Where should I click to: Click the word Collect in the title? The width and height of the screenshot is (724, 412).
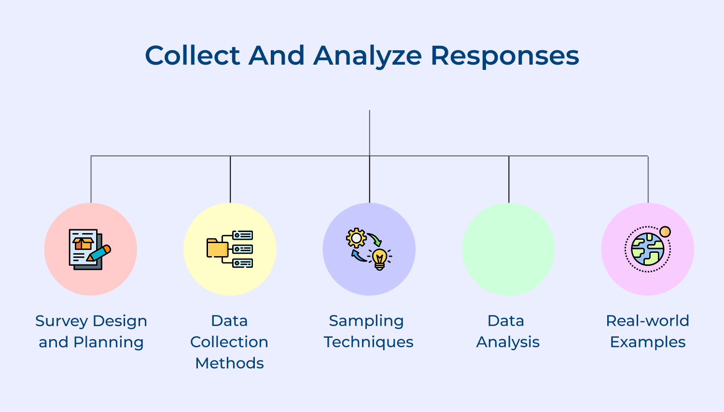coord(192,55)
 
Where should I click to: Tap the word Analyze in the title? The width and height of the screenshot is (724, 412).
coord(367,55)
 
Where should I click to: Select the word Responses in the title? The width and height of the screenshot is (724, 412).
coord(504,56)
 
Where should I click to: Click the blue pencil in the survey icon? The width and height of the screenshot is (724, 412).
coord(99,253)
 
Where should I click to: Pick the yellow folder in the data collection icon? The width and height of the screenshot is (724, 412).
coord(217,248)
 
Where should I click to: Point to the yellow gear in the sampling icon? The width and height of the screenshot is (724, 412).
coord(356,238)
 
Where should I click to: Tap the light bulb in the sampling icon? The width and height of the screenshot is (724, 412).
coord(380,258)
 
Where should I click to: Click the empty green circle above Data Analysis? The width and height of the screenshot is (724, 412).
coord(508,249)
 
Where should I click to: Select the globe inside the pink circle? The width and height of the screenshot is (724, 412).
coord(647,249)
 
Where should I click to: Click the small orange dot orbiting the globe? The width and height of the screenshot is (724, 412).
coord(665,232)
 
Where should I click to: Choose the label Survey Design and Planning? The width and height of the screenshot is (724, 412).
coord(91,331)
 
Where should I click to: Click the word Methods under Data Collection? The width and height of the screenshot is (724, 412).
coord(229,363)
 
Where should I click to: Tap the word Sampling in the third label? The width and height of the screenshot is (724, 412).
coord(366,321)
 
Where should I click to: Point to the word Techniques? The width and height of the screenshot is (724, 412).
coord(368,342)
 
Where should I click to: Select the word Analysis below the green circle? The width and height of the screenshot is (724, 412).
coord(508,342)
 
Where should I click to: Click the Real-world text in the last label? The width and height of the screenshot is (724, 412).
coord(647,321)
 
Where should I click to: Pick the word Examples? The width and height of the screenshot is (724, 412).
coord(647,342)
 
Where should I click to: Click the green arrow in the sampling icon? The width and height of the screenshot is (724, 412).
coord(375,238)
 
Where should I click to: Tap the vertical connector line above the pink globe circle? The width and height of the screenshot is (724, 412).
coord(648,179)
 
